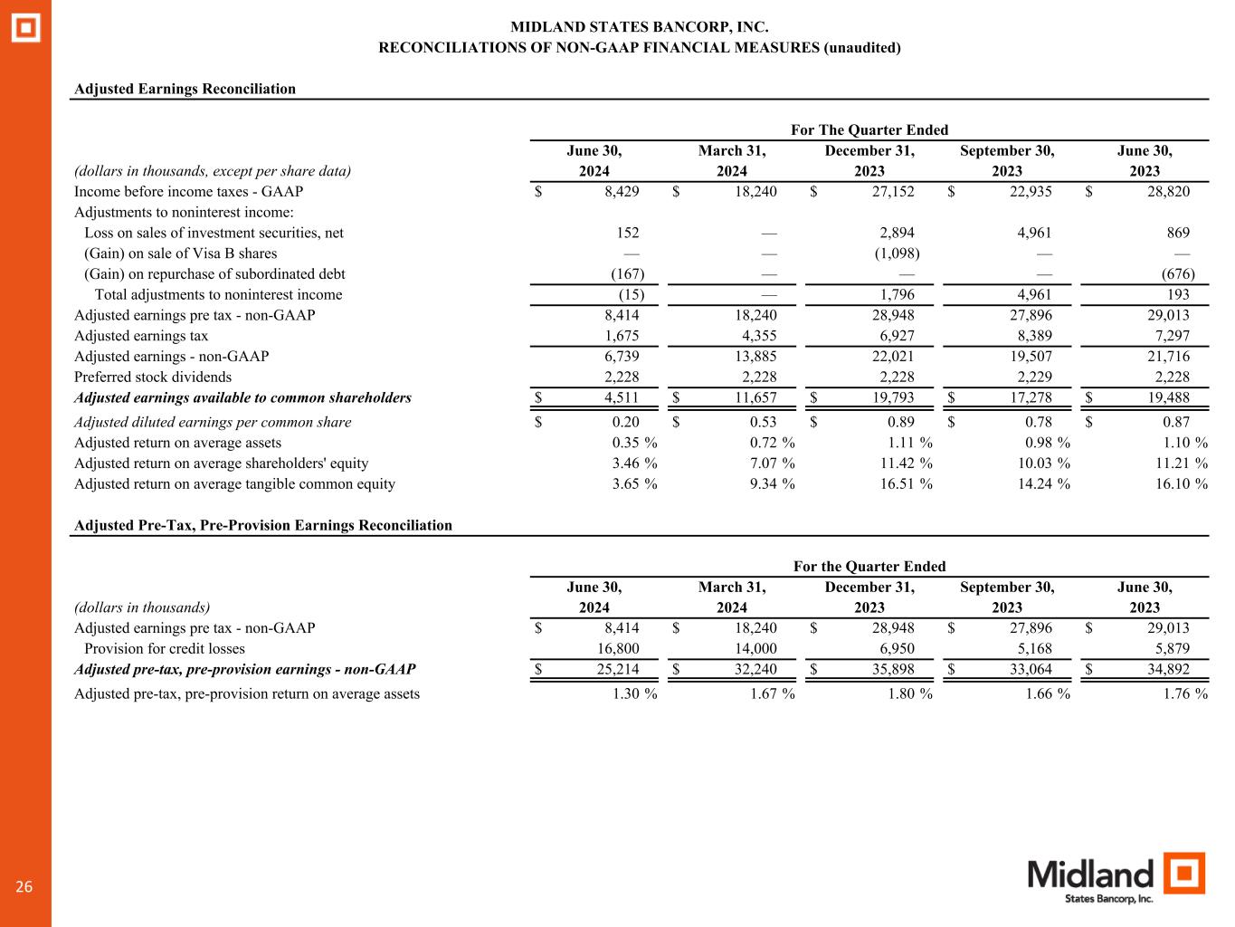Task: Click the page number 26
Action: (x=24, y=887)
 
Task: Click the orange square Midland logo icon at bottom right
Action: (x=1184, y=874)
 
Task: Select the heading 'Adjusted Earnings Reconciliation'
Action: (x=185, y=89)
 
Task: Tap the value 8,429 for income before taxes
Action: (x=621, y=191)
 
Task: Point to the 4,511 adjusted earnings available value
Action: (x=621, y=397)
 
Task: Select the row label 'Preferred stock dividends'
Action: (x=153, y=377)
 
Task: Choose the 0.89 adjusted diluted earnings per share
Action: (x=900, y=422)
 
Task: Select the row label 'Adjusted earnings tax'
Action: (x=141, y=336)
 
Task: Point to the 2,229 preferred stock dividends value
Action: (x=1030, y=377)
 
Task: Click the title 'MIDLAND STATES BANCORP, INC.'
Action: (x=640, y=28)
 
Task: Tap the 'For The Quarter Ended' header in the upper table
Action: (x=869, y=130)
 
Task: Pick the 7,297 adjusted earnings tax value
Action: (x=1167, y=336)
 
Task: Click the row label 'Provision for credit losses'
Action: (x=165, y=648)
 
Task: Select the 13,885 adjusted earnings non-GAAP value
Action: (x=755, y=357)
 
